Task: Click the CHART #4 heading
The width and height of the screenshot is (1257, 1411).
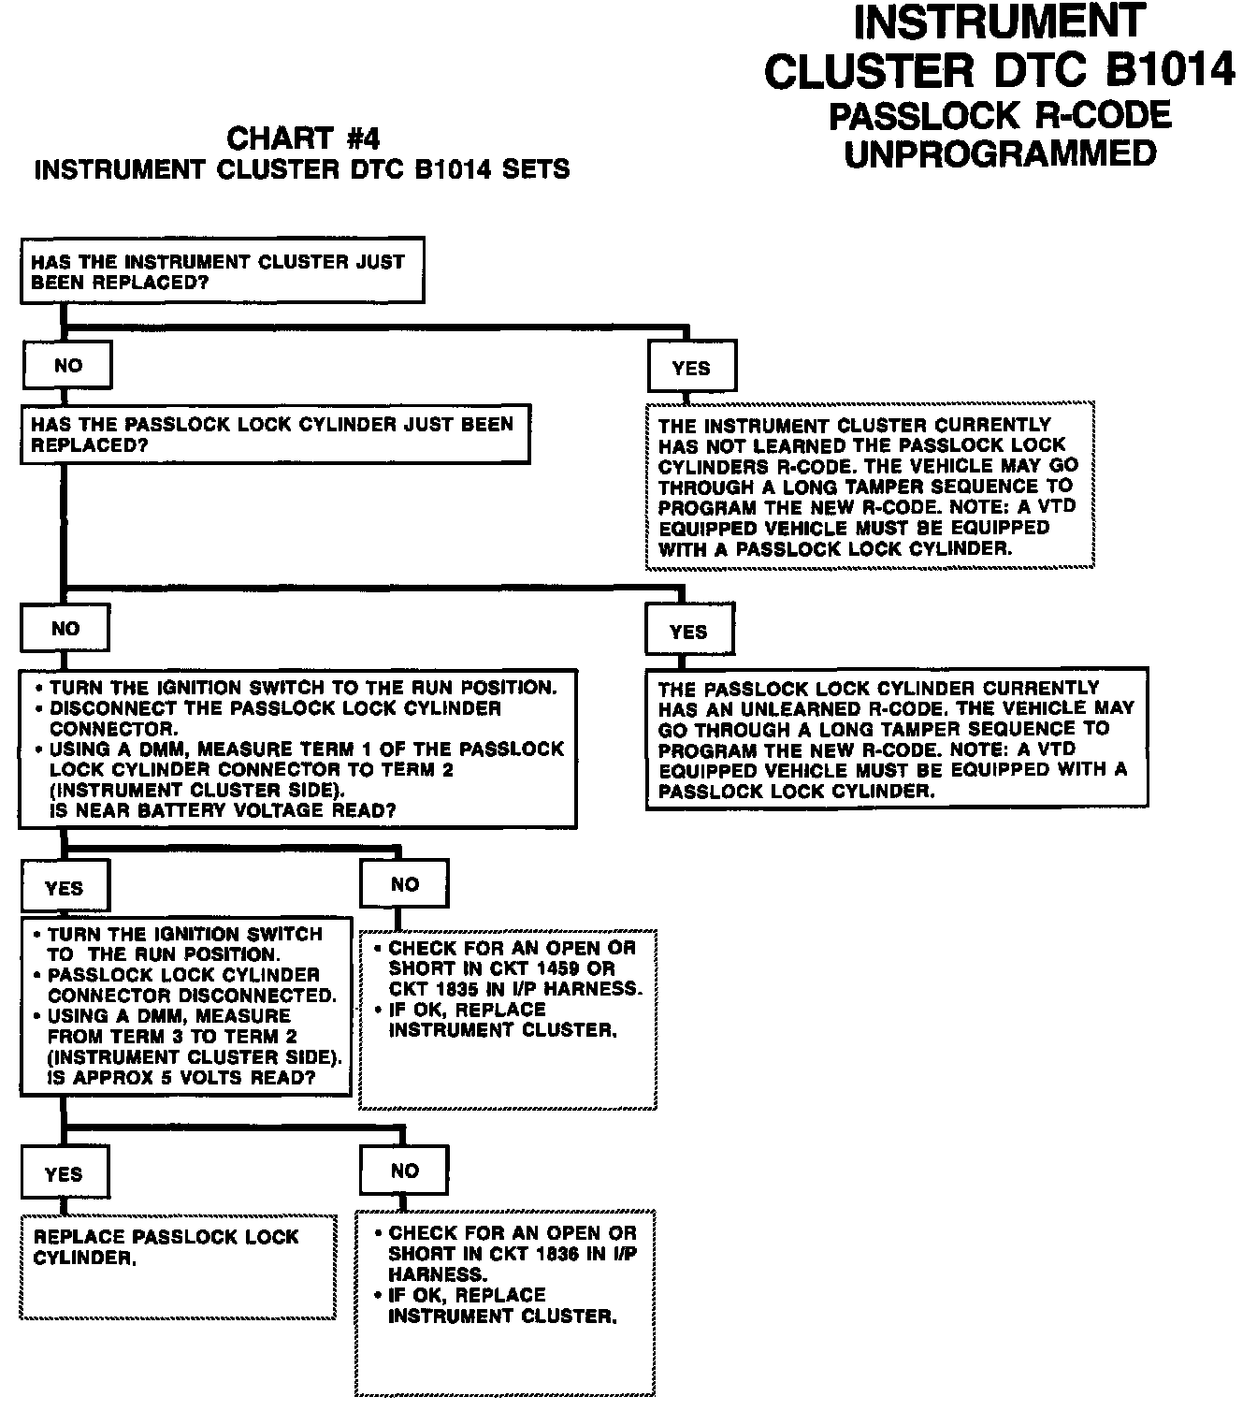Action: click(x=303, y=139)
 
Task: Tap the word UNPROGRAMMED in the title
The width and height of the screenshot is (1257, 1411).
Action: click(x=1000, y=153)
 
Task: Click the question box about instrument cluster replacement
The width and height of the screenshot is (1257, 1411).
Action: click(x=223, y=271)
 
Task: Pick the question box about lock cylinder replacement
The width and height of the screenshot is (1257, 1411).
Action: click(x=275, y=434)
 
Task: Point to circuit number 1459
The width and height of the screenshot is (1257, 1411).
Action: click(x=563, y=968)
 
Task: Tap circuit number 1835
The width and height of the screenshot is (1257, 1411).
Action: click(x=444, y=989)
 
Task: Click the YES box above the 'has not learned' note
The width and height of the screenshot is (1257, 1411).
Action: click(x=691, y=369)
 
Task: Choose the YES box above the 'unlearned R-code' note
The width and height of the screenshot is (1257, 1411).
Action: click(x=688, y=633)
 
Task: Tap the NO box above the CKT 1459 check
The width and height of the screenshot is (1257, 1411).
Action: click(x=404, y=884)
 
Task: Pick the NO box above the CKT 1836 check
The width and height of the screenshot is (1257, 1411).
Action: click(x=404, y=1171)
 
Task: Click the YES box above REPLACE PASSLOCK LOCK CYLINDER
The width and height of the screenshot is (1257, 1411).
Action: click(x=64, y=1174)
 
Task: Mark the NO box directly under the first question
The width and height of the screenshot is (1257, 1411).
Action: click(x=67, y=366)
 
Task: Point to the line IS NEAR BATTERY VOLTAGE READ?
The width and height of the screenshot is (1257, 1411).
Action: click(x=223, y=811)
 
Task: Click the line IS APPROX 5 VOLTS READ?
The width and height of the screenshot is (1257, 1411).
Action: click(x=181, y=1078)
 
